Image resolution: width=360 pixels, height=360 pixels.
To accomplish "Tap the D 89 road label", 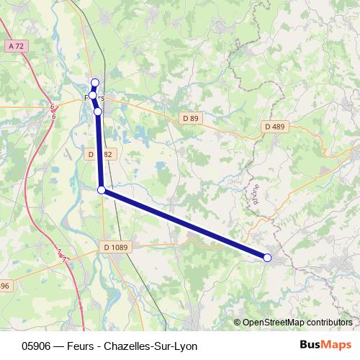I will pos(190,117).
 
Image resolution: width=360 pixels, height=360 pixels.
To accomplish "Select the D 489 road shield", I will pos(274,127).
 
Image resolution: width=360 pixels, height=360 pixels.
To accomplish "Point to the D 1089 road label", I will pos(115,247).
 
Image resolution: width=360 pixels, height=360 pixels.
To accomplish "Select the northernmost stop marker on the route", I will pos(94,82).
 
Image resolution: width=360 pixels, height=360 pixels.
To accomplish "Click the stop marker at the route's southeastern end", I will pos(267,257).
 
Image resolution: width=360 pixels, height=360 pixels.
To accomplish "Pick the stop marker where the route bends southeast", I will pos(102,189).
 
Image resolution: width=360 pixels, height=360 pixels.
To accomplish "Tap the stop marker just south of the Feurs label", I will pos(98,112).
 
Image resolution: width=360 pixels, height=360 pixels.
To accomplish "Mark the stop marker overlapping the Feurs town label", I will pos(93,94).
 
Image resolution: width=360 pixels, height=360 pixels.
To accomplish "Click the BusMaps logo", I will pos(325,344).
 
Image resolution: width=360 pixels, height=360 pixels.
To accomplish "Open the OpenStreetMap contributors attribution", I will pos(297,322).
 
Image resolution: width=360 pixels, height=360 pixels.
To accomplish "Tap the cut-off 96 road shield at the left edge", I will pos(4,286).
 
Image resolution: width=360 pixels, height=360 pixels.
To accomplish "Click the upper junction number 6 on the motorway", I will pos(53,107).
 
